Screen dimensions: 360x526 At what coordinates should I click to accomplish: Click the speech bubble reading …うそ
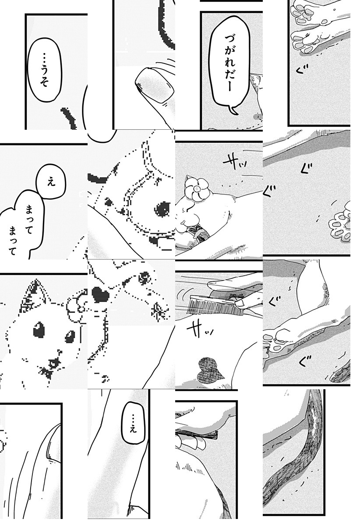tap(45, 70)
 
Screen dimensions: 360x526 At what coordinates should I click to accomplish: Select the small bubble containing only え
tap(51, 181)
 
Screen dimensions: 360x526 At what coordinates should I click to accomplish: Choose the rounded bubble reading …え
tap(134, 423)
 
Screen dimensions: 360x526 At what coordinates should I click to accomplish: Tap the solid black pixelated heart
tap(100, 294)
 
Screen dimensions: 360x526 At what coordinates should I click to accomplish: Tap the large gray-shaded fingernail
tap(155, 86)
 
